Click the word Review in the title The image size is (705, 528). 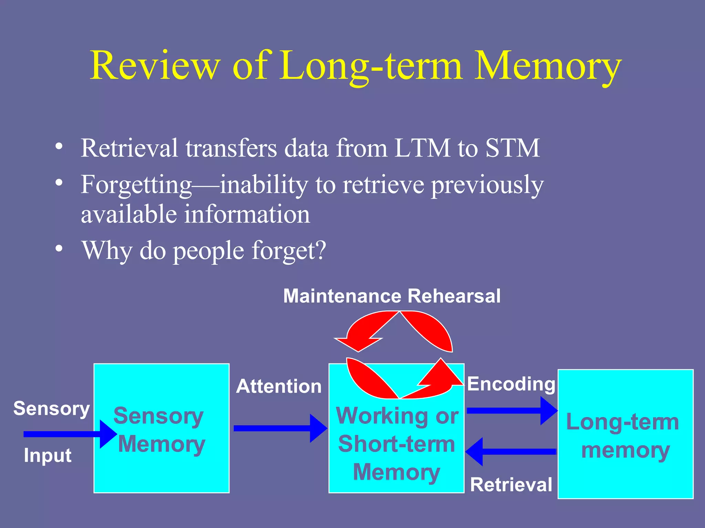tap(155, 65)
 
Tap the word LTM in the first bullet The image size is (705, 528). tap(422, 148)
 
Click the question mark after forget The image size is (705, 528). tap(321, 250)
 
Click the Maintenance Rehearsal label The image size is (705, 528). tap(392, 296)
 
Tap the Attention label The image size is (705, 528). tap(278, 386)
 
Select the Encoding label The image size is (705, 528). tap(511, 384)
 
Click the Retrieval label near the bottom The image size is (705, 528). tap(511, 485)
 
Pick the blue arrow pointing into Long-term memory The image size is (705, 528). tap(511, 411)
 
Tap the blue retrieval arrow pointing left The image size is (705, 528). tap(511, 452)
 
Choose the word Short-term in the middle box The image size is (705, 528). tap(397, 444)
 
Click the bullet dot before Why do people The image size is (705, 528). tap(59, 248)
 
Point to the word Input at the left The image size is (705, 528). tap(48, 455)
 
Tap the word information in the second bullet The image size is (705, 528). tap(247, 214)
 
